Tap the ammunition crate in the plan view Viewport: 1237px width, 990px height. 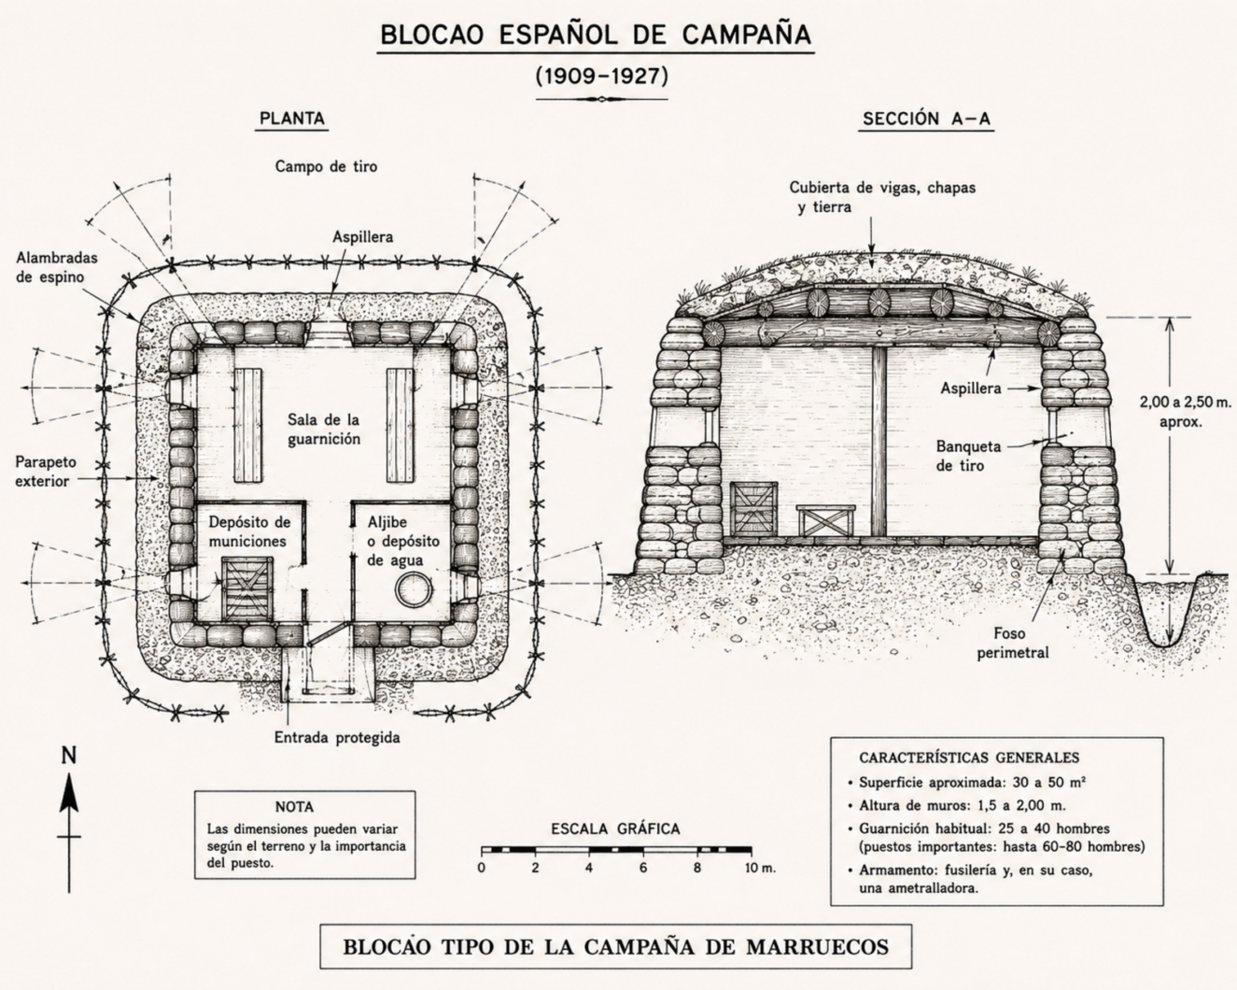click(247, 588)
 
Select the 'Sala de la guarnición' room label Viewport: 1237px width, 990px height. click(324, 429)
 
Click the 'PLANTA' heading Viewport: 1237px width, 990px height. click(292, 119)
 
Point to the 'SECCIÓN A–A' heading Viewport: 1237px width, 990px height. click(927, 119)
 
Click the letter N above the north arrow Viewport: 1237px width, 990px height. click(69, 755)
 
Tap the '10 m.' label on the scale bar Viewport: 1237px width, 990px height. click(761, 868)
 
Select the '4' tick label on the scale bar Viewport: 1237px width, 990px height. click(589, 868)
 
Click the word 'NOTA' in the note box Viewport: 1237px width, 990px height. click(294, 807)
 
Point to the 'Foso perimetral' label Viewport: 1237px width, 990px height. click(1013, 643)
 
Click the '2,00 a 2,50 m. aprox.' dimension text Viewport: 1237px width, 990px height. click(1185, 411)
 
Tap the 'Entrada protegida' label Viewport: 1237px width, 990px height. click(337, 738)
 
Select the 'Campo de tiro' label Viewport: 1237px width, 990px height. click(326, 167)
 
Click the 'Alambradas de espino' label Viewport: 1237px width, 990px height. click(57, 267)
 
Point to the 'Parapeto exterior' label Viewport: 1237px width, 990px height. click(46, 471)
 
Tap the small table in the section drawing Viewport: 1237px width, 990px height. click(826, 520)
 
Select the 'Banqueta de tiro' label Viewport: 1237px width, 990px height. click(968, 456)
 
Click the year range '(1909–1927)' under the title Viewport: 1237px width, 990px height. click(602, 76)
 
